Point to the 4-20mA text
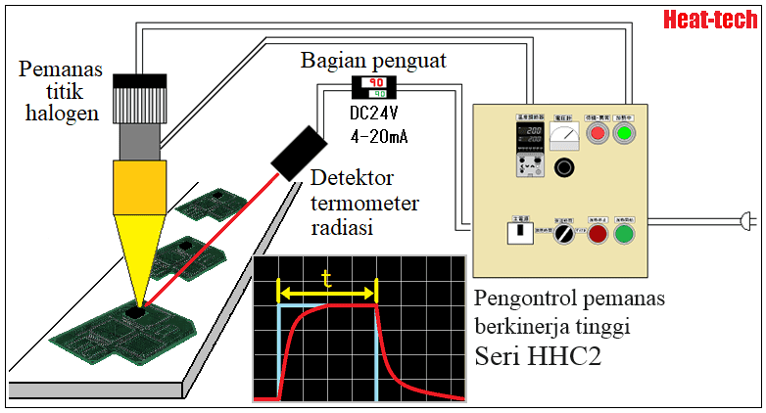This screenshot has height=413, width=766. point(378,136)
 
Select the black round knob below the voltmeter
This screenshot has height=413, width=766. point(563,168)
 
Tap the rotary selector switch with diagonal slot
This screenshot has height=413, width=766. point(563,236)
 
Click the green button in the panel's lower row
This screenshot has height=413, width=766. point(624,235)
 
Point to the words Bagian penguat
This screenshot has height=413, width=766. point(373,61)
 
